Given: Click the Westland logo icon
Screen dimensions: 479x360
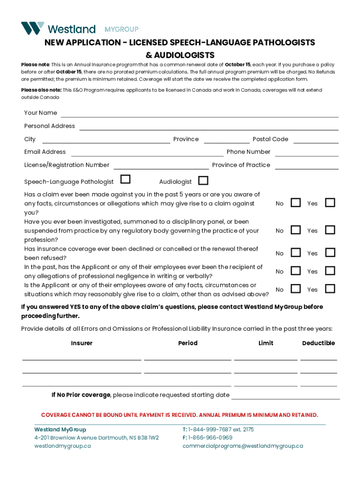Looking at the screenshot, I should [33, 28].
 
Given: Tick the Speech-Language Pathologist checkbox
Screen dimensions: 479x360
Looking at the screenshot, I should [125, 180].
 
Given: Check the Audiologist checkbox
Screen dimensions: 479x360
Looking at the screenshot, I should [203, 181].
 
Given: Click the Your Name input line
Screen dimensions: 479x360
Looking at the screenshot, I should [200, 115].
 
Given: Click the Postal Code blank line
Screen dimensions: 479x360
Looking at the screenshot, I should [316, 141].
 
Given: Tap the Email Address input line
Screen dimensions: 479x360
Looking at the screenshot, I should [147, 154].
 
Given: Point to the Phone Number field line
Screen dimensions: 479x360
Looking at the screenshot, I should [307, 154].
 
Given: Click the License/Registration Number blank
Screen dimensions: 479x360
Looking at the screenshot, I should [161, 167].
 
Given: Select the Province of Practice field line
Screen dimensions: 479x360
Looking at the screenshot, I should [307, 167].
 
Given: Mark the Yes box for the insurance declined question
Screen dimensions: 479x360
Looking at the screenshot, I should [330, 253].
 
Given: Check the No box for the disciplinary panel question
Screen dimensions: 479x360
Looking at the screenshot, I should [295, 230].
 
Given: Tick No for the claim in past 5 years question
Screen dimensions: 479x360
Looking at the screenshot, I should [295, 203].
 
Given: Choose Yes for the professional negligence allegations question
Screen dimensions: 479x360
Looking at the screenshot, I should [330, 271].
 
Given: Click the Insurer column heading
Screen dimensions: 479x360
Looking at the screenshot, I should [82, 343].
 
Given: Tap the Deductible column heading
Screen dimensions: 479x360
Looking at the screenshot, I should [318, 343].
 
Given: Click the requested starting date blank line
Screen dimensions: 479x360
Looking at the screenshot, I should [285, 397].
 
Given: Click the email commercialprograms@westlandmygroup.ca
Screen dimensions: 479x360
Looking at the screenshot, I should [243, 446].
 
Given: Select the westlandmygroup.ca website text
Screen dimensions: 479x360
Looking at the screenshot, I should [63, 446].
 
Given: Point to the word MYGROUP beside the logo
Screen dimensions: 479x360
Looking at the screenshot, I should [121, 29].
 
